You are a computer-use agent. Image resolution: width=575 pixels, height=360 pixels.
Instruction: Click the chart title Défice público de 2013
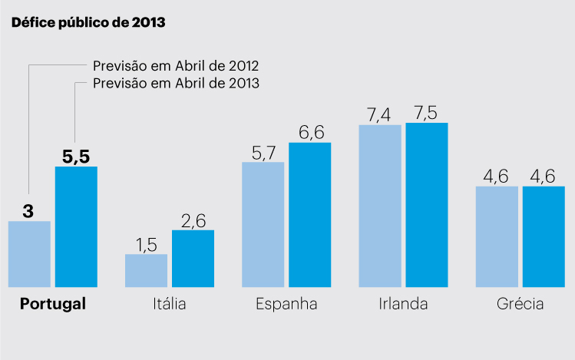(x=88, y=22)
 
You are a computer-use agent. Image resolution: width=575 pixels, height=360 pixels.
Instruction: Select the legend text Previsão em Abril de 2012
(x=176, y=65)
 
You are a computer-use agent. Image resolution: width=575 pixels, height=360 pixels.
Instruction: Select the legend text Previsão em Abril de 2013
(x=176, y=83)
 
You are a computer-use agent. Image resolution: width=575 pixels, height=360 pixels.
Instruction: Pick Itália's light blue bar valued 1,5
(x=146, y=270)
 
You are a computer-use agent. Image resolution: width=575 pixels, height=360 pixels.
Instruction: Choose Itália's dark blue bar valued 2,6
(x=193, y=259)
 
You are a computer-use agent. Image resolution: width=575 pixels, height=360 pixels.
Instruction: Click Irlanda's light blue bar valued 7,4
(x=379, y=206)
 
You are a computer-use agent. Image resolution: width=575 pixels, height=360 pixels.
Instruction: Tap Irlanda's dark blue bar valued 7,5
(x=427, y=204)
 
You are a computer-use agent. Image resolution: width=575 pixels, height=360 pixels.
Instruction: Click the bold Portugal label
(x=52, y=304)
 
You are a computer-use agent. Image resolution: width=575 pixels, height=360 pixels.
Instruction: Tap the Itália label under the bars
(x=169, y=304)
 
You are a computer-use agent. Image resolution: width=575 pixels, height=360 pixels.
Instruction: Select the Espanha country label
(x=286, y=304)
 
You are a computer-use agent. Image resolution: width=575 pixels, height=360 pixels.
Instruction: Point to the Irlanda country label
(x=403, y=304)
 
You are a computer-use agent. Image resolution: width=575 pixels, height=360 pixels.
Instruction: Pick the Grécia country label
(x=520, y=304)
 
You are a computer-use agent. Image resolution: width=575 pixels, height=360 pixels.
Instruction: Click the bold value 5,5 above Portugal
(x=76, y=157)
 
